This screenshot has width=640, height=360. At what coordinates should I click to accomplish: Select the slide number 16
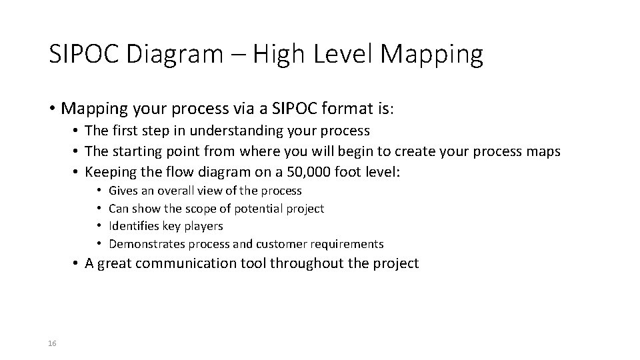tap(53, 343)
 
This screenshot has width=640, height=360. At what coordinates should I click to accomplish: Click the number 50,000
tap(317, 172)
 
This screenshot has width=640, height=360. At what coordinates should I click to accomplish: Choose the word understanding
tap(215, 130)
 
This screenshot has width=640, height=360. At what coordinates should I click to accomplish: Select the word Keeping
tap(111, 172)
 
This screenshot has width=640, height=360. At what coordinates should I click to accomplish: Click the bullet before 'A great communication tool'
tap(77, 263)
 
